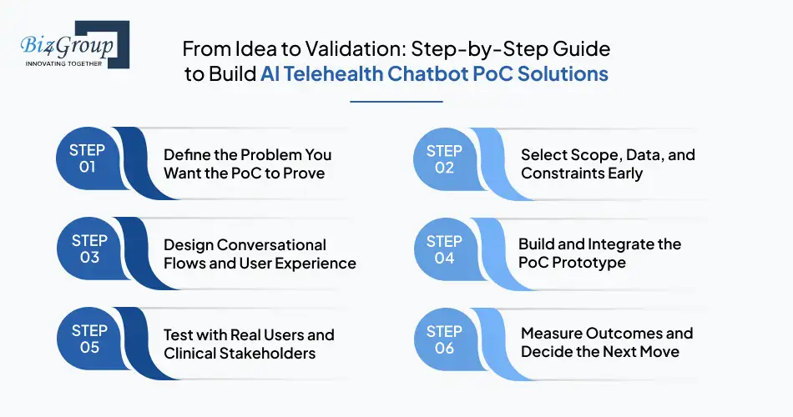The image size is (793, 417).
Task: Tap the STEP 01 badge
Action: tap(88, 158)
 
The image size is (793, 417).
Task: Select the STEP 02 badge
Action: tap(444, 158)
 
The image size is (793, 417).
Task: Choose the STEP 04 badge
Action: tap(444, 249)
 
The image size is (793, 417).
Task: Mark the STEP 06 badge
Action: tap(444, 339)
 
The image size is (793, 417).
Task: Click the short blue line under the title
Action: tap(396, 102)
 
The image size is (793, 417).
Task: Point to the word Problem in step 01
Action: tap(270, 155)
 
